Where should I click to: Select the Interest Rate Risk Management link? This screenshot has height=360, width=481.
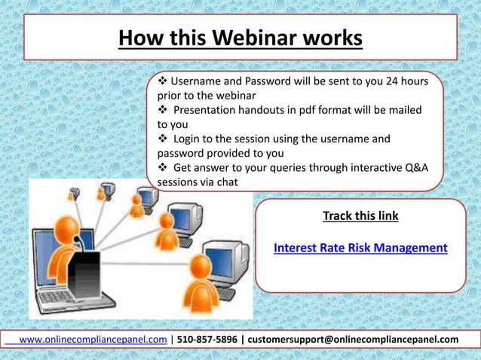[x=360, y=247]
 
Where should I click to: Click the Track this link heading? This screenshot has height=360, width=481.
[x=360, y=216]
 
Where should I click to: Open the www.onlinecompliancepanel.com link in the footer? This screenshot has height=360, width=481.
[x=92, y=340]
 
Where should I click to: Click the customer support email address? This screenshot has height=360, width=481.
[x=353, y=340]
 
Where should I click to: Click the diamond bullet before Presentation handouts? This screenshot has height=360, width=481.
[x=162, y=110]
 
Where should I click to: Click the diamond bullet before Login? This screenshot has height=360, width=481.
[x=162, y=139]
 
